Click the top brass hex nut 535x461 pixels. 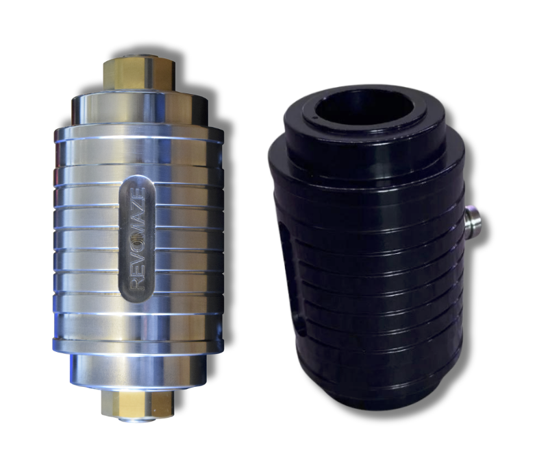pyautogui.click(x=139, y=74)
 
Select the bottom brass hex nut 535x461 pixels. pyautogui.click(x=138, y=403)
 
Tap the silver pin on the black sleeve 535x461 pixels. pyautogui.click(x=473, y=220)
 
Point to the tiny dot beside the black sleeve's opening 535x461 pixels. pyautogui.click(x=314, y=118)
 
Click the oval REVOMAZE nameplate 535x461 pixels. pyautogui.click(x=137, y=239)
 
